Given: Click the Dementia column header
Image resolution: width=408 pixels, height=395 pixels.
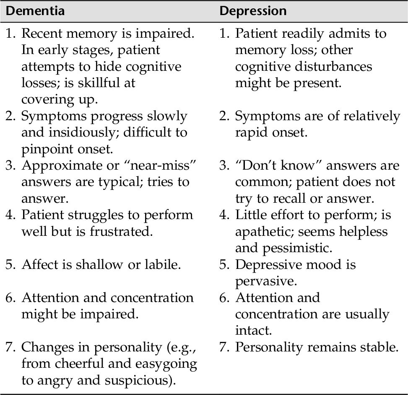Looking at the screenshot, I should click(35, 10).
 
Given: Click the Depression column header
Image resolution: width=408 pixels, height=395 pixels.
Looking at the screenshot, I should click(253, 10).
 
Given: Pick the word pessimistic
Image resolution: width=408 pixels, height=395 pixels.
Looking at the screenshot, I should click(298, 248).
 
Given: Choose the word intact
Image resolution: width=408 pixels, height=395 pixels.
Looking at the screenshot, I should click(253, 330).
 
